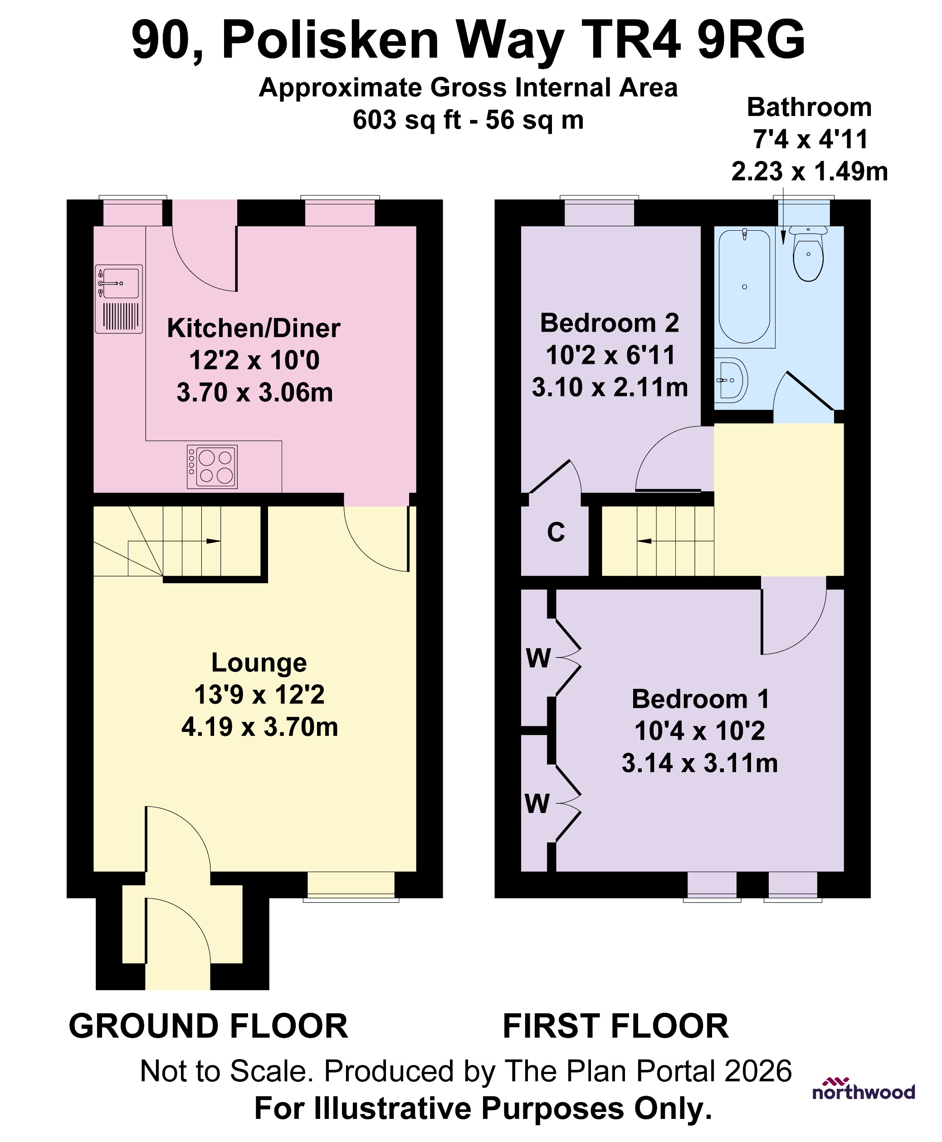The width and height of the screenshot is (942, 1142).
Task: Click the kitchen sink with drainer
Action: click(119, 299)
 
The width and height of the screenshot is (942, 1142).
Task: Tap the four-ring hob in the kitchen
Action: click(212, 467)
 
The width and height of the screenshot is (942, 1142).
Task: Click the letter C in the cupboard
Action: click(556, 532)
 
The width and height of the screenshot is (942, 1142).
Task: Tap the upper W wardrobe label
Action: click(538, 659)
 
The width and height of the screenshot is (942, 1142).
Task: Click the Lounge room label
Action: click(259, 663)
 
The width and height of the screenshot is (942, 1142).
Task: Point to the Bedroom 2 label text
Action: click(610, 323)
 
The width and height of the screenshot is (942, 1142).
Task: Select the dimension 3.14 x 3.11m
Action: click(699, 764)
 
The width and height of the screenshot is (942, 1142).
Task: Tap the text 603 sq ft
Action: click(406, 120)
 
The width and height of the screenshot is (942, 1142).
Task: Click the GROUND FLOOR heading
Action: click(208, 1026)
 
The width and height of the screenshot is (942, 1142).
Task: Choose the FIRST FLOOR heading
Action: click(615, 1026)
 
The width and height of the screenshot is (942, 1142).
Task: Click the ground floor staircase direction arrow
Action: click(213, 541)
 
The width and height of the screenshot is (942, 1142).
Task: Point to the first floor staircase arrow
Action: click(644, 541)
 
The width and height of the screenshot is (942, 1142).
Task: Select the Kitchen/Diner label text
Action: click(254, 329)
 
